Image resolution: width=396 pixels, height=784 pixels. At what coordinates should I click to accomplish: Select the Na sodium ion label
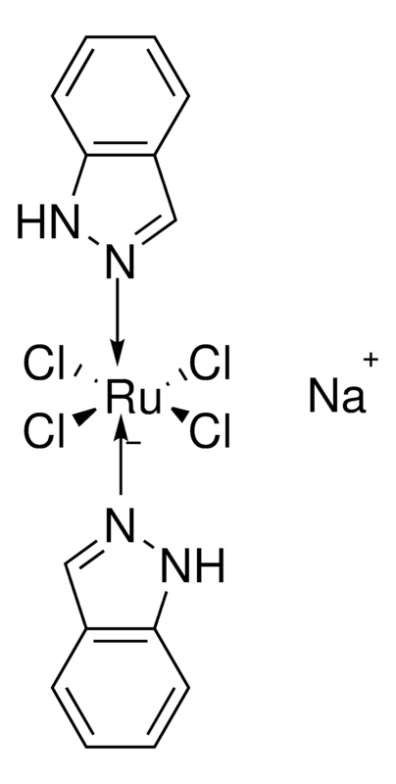[337, 395]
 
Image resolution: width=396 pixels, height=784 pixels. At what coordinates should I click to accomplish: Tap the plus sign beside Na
[371, 361]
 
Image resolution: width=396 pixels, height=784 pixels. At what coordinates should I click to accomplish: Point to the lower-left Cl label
[44, 433]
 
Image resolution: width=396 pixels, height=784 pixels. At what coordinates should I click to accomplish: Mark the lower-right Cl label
[210, 433]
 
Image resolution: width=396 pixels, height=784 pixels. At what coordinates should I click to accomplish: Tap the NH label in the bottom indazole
[193, 567]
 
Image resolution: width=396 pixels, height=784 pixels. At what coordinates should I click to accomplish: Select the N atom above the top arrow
[121, 263]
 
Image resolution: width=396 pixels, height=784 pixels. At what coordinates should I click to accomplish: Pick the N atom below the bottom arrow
[121, 526]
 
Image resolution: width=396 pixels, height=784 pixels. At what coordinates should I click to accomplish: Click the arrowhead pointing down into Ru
[118, 354]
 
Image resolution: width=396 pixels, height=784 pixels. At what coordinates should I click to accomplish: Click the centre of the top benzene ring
[120, 95]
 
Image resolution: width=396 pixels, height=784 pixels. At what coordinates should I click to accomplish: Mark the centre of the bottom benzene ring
[120, 687]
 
